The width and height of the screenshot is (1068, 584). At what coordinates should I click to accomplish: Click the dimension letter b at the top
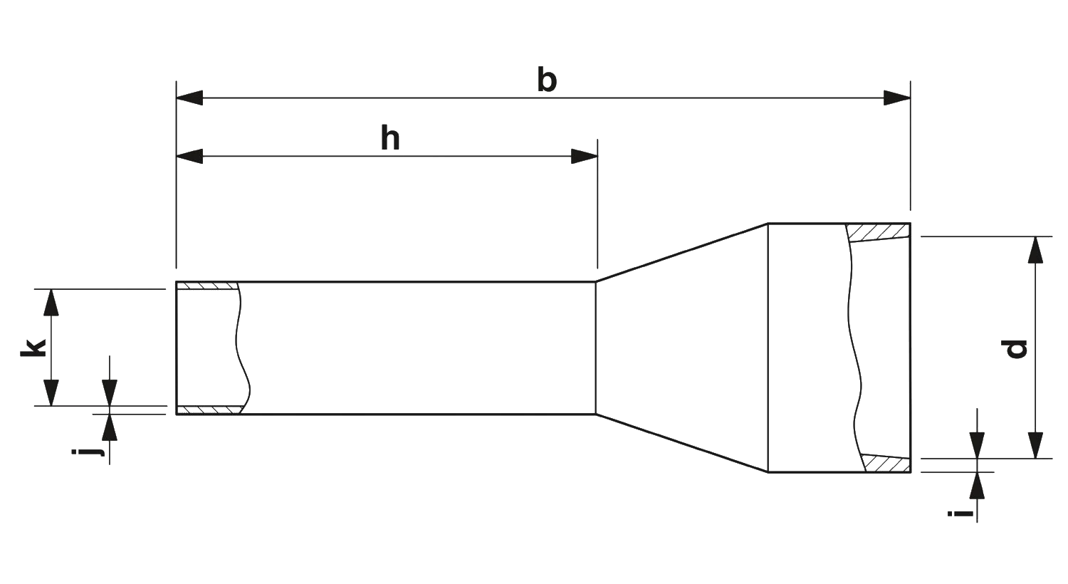[x=546, y=79]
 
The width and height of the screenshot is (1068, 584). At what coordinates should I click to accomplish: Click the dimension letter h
[x=391, y=141]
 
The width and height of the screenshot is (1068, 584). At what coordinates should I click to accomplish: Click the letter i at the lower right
[x=959, y=512]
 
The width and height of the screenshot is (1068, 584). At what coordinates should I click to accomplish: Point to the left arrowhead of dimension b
[x=191, y=98]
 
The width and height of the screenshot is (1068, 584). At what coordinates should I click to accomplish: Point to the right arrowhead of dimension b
[x=896, y=98]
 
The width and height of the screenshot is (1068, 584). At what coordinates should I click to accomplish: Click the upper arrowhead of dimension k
[x=51, y=302]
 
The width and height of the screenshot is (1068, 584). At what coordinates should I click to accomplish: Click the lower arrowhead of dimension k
[x=51, y=392]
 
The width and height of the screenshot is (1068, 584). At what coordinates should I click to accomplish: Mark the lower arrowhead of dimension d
[x=1037, y=444]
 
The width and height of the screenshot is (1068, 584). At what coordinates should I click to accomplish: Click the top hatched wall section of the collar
[x=880, y=231]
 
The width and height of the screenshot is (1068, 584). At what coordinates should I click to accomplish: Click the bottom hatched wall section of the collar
[x=886, y=464]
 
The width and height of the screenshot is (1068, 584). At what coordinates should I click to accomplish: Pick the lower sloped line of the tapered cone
[x=680, y=442]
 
